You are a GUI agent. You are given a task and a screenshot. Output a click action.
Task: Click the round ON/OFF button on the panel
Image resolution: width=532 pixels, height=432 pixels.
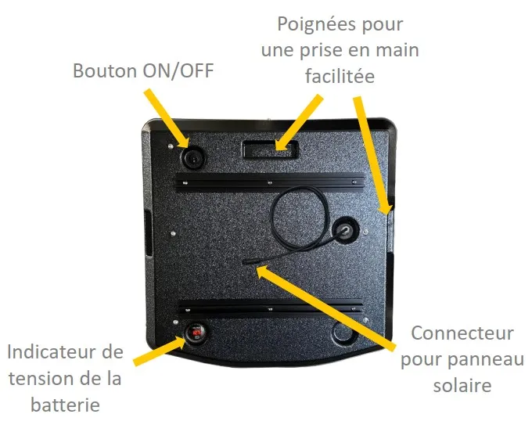tap(193, 157)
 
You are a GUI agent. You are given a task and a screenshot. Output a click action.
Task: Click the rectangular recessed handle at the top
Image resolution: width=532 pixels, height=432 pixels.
tap(270, 149)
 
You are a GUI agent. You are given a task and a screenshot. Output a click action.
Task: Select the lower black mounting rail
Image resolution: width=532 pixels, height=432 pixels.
tap(271, 307)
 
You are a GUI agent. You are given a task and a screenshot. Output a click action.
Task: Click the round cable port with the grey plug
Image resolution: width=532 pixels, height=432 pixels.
tap(345, 229)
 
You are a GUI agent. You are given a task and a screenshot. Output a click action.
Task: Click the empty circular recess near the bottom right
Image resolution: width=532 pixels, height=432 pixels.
tap(343, 332)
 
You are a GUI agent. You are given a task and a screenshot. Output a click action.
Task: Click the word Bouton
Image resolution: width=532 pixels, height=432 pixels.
tap(105, 70)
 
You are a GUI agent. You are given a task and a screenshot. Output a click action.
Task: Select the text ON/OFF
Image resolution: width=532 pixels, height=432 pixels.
tap(178, 70)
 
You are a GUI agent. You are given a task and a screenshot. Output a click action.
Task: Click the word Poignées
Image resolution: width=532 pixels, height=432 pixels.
tap(316, 24)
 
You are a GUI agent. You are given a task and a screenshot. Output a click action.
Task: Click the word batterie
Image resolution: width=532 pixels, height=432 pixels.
tap(65, 404)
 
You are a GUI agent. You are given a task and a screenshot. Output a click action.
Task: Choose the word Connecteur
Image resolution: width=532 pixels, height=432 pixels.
tap(462, 333)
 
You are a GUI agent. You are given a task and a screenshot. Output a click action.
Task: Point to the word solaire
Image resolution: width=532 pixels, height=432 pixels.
tap(462, 386)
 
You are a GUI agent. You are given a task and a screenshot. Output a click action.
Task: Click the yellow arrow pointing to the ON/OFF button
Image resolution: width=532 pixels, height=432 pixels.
tap(166, 118)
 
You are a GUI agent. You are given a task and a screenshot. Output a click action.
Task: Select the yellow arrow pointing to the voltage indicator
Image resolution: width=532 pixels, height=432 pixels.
tap(160, 351)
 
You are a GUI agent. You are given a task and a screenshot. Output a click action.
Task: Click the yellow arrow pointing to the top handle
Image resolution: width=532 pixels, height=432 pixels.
tap(299, 123)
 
